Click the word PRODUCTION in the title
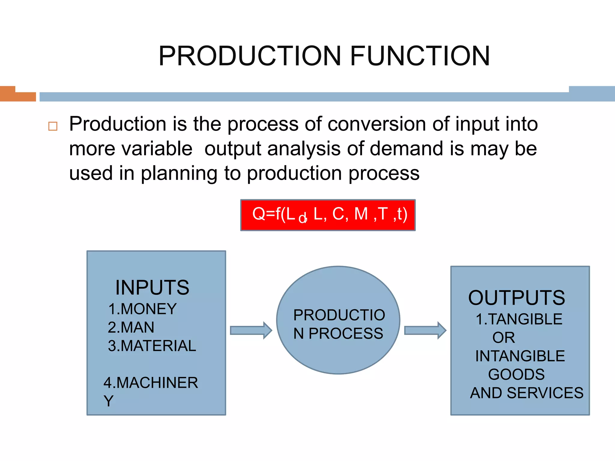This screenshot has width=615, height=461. click(x=249, y=56)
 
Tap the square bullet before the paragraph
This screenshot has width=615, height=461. click(x=53, y=126)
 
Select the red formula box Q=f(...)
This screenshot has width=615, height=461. click(x=328, y=215)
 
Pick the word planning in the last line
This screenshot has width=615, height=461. click(x=179, y=174)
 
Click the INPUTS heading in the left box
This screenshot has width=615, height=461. click(x=152, y=288)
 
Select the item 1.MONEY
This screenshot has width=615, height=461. click(x=143, y=309)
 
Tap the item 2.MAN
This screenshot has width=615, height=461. click(x=131, y=327)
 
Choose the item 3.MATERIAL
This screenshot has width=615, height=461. click(x=152, y=346)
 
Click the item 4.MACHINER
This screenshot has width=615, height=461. click(x=151, y=383)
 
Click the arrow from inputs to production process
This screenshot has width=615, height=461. click(x=251, y=330)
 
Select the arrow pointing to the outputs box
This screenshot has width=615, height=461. click(x=425, y=330)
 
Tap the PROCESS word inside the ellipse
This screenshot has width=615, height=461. click(x=346, y=333)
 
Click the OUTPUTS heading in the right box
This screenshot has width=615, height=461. click(x=517, y=298)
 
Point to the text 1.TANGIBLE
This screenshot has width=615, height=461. click(x=519, y=319)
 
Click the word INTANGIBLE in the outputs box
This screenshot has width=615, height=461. click(x=520, y=356)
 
